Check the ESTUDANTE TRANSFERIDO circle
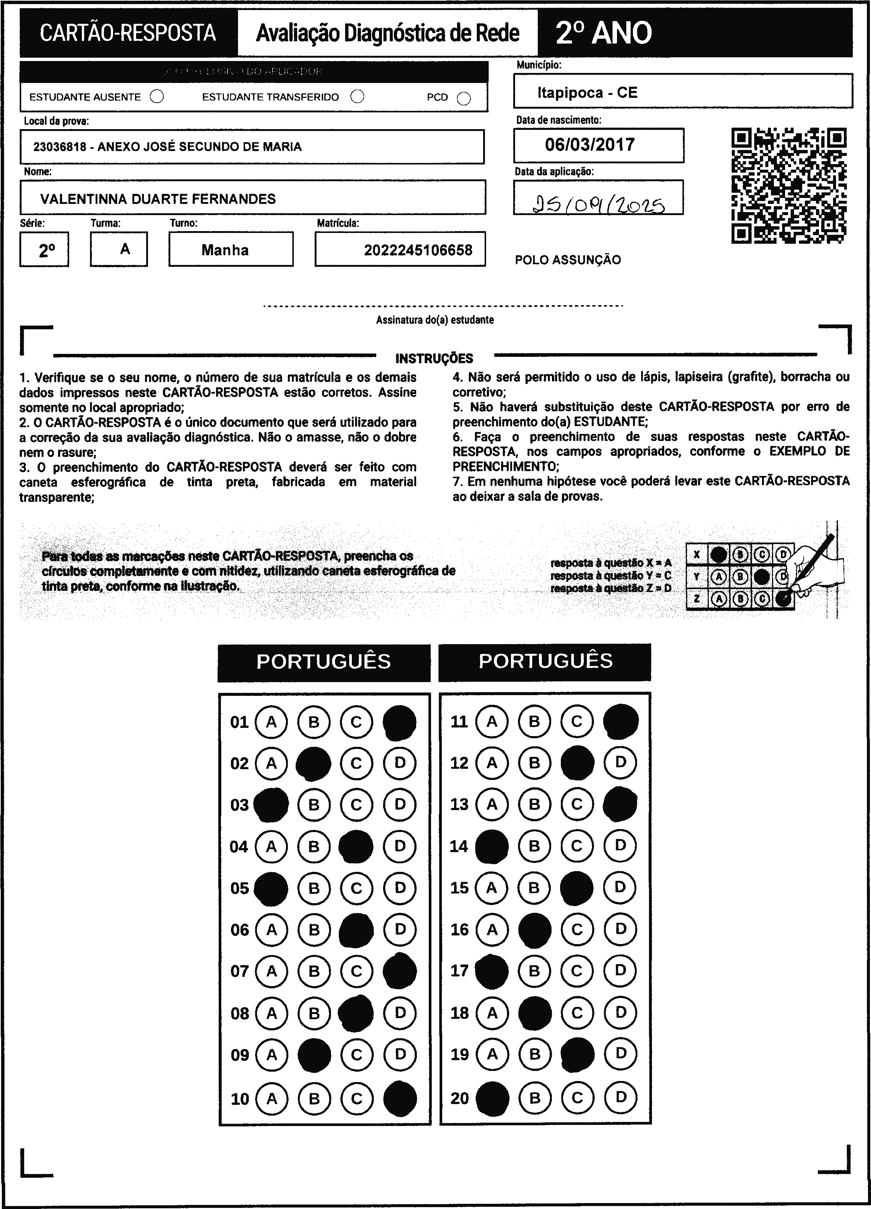coord(357,96)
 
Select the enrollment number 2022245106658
coord(418,250)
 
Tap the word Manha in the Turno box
coord(225,250)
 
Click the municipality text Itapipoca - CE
coord(587,93)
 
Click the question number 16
coord(459,930)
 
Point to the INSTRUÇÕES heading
coord(434,358)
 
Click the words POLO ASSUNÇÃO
coord(568,260)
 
